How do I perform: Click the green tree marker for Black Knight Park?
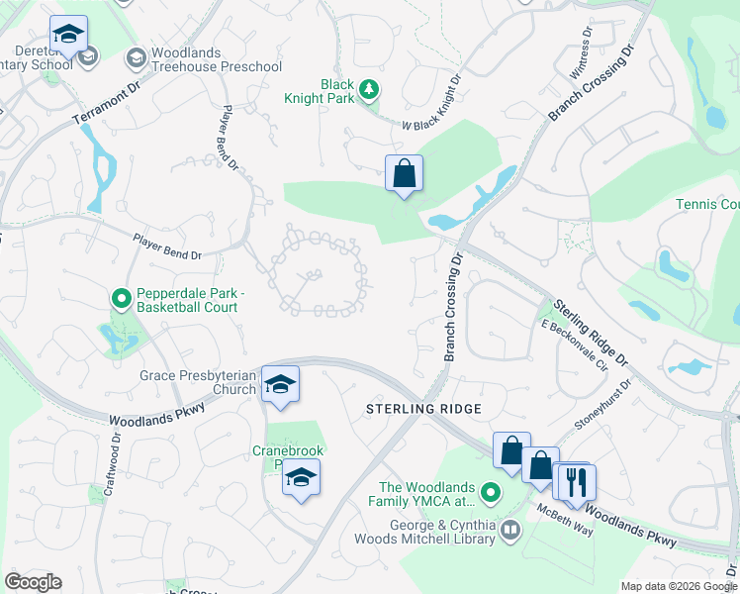tap(368, 91)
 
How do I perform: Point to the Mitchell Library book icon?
tap(509, 531)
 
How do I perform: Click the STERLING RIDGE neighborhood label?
tap(423, 409)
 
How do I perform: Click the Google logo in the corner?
tap(33, 582)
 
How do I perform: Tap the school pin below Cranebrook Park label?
tap(301, 481)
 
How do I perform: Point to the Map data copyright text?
tap(678, 586)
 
